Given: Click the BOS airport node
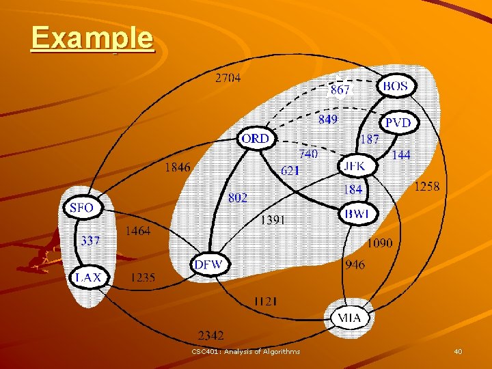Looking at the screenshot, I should [x=396, y=87].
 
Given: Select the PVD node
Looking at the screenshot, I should [x=398, y=123].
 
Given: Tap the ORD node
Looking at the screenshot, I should [x=256, y=139].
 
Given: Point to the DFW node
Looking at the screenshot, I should [x=209, y=264].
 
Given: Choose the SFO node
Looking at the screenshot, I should [x=81, y=208].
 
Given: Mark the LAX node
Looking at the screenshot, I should [x=88, y=277].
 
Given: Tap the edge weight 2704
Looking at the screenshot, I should [x=228, y=78].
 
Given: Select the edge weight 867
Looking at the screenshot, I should [x=340, y=90].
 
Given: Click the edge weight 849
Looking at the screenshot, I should [x=328, y=120].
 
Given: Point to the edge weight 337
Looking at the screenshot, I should [x=90, y=241].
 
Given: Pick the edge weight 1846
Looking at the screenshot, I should [x=177, y=167].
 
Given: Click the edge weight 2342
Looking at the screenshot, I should [x=210, y=336].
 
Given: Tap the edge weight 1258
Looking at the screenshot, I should [x=427, y=187].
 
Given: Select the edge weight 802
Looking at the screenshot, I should [x=238, y=197].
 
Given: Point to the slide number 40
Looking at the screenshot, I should [x=458, y=351].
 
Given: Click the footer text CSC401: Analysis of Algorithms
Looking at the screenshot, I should [x=245, y=351].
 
